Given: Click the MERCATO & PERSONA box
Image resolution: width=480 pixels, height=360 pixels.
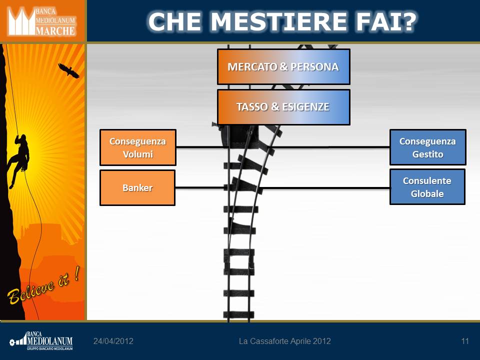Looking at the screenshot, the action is pos(283,66).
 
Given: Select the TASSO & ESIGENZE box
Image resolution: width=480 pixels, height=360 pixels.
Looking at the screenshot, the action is pos(283,107).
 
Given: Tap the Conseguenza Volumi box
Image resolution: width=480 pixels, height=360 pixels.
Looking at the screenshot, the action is pos(138,147).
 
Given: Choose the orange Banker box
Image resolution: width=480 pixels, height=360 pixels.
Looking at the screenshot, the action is pos(137,187).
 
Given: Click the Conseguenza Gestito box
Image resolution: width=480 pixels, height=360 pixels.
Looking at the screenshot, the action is pos(427,147).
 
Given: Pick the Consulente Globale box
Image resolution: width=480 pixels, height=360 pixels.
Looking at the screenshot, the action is pos(427,186).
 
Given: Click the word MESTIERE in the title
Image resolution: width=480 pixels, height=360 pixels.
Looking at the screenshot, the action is pos(278,21).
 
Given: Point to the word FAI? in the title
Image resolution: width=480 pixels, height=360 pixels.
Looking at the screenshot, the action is pos(386,21).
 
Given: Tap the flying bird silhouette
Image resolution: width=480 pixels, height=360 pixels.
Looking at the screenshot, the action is pos(69,70).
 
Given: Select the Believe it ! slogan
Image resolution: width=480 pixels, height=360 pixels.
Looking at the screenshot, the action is pos(44,285).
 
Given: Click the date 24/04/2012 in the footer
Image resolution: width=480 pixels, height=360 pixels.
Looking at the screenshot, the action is pos(113,341).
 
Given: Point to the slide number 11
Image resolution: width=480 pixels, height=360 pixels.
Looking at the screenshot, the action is pos(465,341).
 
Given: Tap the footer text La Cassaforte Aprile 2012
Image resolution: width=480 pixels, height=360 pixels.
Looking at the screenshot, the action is pos(284,341).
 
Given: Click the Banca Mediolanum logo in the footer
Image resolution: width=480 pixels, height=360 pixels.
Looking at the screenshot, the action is pos(41,340).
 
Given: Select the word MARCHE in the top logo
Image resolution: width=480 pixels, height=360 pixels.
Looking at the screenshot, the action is pos(55,31).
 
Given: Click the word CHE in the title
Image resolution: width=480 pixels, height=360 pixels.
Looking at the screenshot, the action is pos(174,21).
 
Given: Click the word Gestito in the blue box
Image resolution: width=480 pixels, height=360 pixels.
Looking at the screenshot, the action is pos(427,154).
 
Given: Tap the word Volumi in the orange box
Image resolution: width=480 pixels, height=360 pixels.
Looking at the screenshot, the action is pos(138,154).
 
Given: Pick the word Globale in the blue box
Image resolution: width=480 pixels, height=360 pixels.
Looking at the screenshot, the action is pos(427,194).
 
